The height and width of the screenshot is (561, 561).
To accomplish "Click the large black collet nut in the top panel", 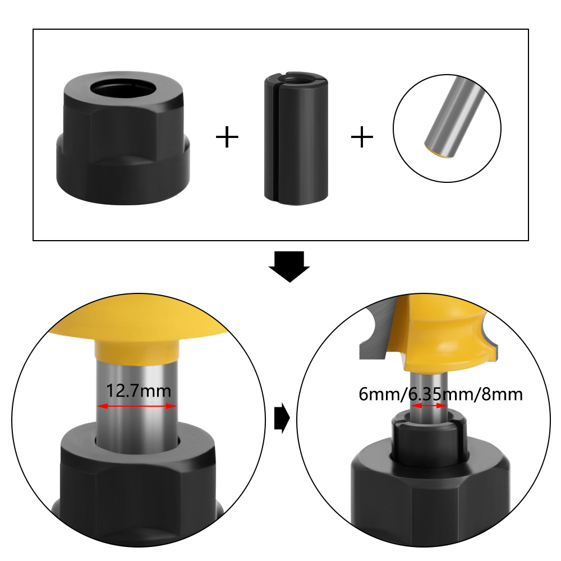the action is (123, 138).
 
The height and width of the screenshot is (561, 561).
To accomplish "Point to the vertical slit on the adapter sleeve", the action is (275, 140).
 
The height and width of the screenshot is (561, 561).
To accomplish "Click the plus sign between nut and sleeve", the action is (227, 136).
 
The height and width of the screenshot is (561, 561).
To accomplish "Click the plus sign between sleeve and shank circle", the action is (362, 136).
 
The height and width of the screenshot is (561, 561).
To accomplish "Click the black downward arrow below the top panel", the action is (289, 266).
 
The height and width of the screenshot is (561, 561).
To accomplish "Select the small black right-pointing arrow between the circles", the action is (282, 418).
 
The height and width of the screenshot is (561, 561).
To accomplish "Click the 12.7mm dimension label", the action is (139, 390).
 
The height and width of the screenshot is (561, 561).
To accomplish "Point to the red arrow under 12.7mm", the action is (137, 406).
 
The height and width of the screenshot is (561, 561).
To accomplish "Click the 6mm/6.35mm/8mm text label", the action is (440, 394).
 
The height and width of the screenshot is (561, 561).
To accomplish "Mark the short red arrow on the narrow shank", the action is (429, 406).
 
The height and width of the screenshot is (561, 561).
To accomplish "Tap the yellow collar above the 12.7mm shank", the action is (137, 351).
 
